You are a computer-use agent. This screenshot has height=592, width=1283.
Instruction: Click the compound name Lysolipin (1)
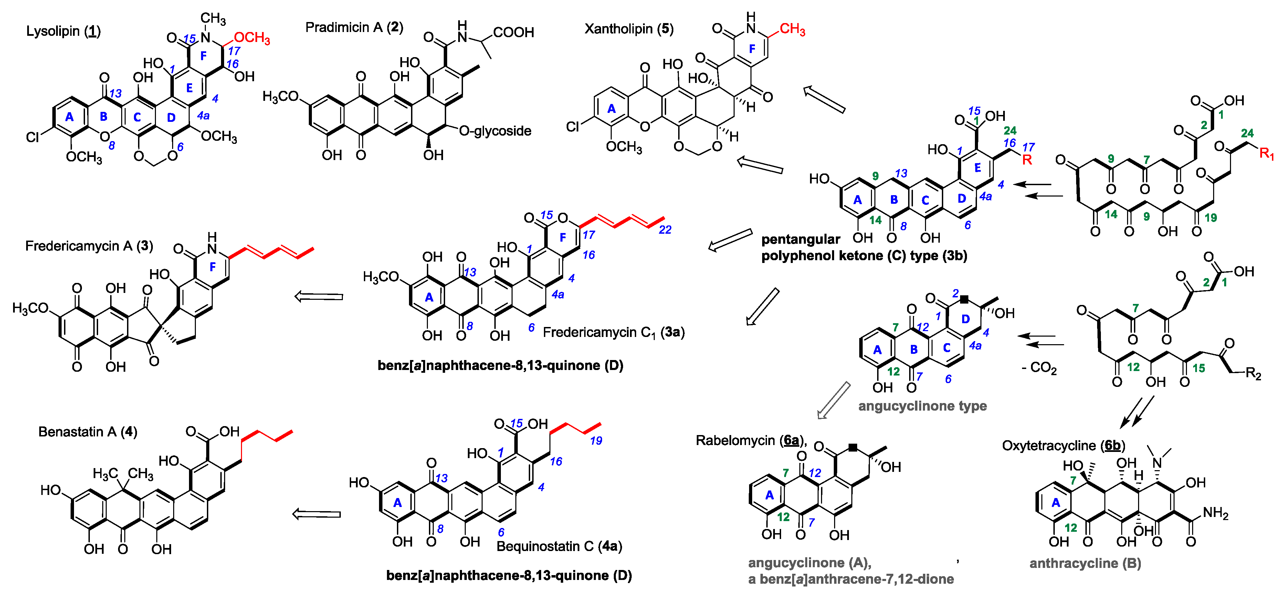click(x=63, y=31)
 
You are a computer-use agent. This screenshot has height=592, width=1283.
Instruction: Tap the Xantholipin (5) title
click(x=629, y=29)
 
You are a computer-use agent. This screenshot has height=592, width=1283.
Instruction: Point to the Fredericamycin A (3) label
click(x=89, y=246)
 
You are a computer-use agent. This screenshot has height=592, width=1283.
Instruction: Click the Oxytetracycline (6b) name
click(x=1063, y=445)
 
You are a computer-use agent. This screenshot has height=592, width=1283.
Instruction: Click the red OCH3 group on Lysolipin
click(x=252, y=38)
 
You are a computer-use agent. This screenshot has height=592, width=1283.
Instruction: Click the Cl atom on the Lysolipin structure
click(x=32, y=137)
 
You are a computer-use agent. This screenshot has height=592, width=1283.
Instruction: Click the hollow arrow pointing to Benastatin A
click(x=316, y=514)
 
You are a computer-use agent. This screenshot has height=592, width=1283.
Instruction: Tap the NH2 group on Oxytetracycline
click(x=1215, y=513)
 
